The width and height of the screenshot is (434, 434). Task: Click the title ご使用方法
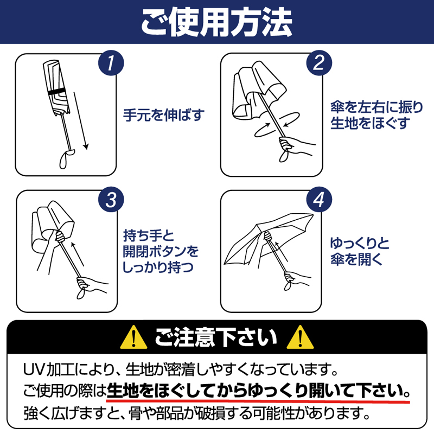216,22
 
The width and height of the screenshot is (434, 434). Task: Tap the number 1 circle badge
111,63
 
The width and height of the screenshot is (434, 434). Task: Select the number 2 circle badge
319,63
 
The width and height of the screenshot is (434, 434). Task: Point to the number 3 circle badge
111,200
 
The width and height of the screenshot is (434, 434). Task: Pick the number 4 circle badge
319,200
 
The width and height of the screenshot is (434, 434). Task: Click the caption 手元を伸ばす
164,115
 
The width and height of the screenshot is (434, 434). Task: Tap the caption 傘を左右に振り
376,107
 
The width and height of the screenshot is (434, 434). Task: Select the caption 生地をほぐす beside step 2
370,123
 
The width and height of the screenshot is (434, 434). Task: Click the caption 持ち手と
148,236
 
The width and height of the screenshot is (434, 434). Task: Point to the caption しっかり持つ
158,267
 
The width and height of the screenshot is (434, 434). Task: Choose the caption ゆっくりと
360,244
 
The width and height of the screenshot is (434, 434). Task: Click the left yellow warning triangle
133,337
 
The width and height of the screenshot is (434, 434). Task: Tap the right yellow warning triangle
300,337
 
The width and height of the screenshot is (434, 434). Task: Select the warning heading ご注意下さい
215,337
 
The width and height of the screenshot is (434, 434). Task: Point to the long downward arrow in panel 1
81,120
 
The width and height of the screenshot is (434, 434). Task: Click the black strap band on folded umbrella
57,92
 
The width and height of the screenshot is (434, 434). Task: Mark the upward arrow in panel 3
77,254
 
